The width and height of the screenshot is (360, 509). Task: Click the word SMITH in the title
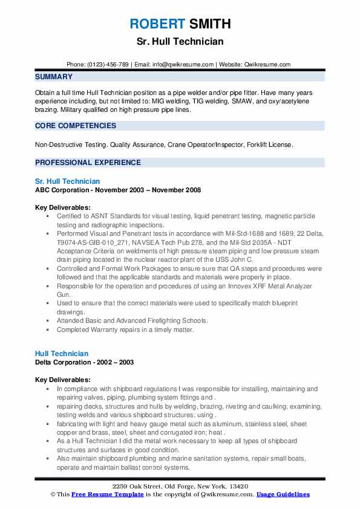[x=209, y=24]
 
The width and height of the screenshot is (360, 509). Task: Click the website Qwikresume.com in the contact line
[x=267, y=65]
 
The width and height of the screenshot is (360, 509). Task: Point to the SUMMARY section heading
[x=54, y=77]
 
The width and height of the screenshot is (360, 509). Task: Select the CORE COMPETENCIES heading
[x=76, y=126]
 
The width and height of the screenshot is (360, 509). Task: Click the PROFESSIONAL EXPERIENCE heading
[x=88, y=163]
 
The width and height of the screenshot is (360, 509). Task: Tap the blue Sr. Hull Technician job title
[x=67, y=181]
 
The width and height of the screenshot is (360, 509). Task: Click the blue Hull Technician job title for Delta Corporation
[x=61, y=354]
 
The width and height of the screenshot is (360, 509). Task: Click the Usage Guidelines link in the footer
[x=283, y=494]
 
